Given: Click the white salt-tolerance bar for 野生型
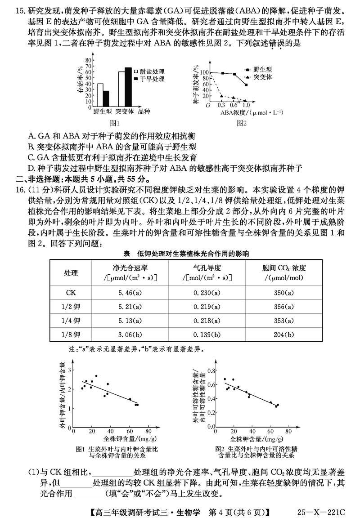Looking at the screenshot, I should coord(100,94).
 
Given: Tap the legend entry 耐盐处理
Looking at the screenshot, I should coord(149,71).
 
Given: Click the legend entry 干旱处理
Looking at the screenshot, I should coord(149,79).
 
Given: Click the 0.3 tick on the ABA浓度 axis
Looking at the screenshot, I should coord(221,105).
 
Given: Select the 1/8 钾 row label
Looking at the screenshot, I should coord(71,335).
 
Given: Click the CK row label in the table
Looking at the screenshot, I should coord(71,293).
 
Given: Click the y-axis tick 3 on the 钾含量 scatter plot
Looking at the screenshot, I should coord(69,369).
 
